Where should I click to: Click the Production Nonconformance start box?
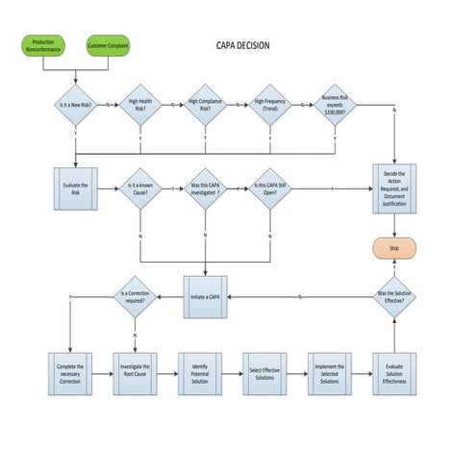pyautogui.click(x=43, y=45)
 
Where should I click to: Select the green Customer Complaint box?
pyautogui.click(x=108, y=45)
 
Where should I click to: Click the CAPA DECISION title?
pyautogui.click(x=241, y=44)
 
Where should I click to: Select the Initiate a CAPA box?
pyautogui.click(x=206, y=296)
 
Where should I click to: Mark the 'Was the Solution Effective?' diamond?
pyautogui.click(x=394, y=296)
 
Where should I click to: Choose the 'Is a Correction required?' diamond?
pyautogui.click(x=134, y=296)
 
